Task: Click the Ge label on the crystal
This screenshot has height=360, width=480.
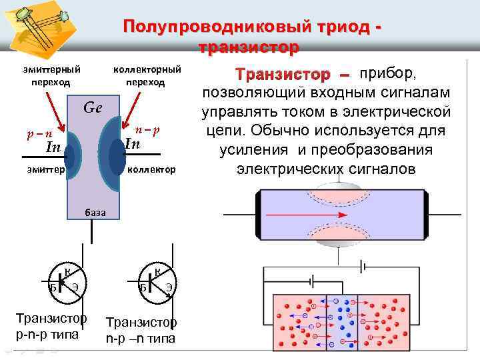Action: pyautogui.click(x=93, y=108)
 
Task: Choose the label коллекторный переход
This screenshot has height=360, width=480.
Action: pyautogui.click(x=147, y=75)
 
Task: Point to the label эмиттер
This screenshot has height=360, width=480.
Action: pyautogui.click(x=47, y=170)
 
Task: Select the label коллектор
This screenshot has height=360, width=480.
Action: pyautogui.click(x=151, y=170)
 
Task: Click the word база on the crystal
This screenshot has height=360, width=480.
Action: pyautogui.click(x=94, y=213)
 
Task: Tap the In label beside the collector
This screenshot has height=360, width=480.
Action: pyautogui.click(x=133, y=144)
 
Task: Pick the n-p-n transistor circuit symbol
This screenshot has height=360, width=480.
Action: pyautogui.click(x=157, y=283)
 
